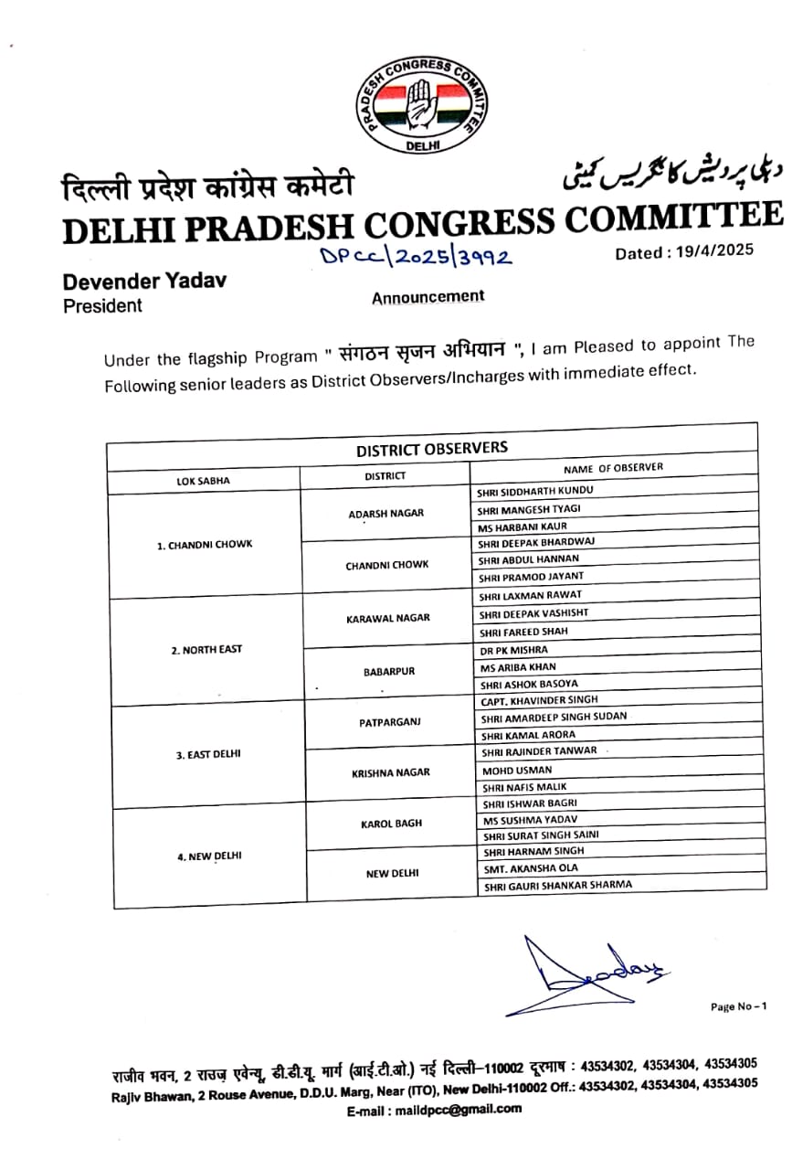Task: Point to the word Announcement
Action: (428, 297)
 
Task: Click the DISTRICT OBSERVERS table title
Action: (431, 449)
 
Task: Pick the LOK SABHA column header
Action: (203, 480)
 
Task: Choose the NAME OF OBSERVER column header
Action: (613, 468)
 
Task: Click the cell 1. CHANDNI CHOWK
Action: (204, 545)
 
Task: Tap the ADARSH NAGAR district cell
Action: (385, 513)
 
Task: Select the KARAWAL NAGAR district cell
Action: (387, 619)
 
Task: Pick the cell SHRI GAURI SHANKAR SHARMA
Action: (557, 885)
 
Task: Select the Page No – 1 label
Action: (738, 1006)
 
